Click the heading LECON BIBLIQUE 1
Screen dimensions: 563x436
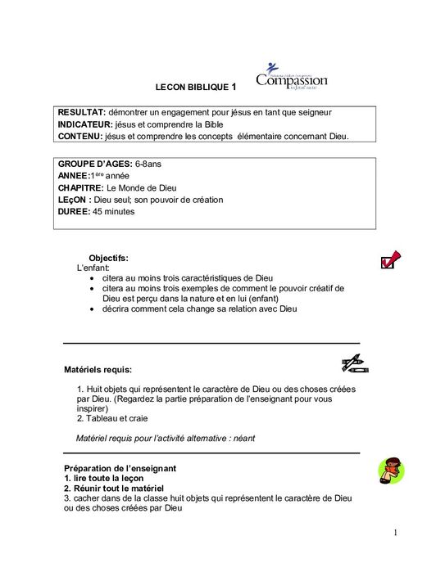[x=196, y=86]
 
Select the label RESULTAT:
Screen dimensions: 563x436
[x=81, y=112]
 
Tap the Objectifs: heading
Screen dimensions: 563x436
[x=108, y=258]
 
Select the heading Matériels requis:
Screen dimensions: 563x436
[x=98, y=369]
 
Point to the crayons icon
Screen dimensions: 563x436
[x=356, y=363]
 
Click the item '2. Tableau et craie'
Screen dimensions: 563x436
[x=112, y=418]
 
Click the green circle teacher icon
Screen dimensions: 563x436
[x=390, y=472]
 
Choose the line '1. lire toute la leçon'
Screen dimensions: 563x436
[x=104, y=478]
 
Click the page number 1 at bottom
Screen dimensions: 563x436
[x=395, y=534]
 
